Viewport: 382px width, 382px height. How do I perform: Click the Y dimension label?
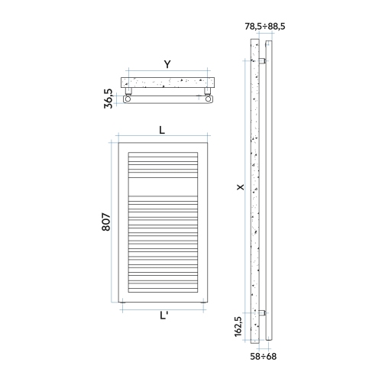point(167,64)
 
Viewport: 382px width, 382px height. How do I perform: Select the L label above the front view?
point(162,130)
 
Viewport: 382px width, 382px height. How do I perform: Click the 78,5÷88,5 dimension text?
point(264,27)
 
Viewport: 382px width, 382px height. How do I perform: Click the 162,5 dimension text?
point(239,325)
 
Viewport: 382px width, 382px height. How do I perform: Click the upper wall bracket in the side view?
point(262,60)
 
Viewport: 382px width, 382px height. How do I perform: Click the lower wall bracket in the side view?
point(262,312)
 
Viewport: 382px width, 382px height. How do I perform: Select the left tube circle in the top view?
point(129,99)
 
